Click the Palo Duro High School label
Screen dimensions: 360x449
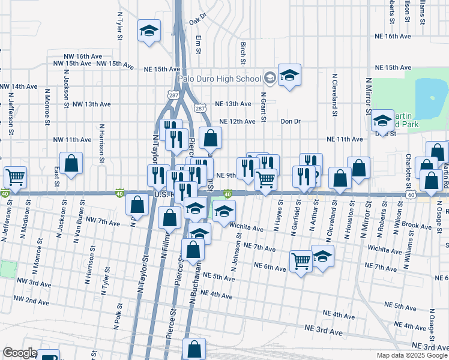(x=219, y=79)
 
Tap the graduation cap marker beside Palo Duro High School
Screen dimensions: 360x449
(x=289, y=76)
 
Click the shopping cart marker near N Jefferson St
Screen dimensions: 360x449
(x=15, y=178)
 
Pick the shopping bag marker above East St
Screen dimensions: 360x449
(x=71, y=163)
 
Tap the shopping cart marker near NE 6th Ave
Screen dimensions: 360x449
(x=301, y=260)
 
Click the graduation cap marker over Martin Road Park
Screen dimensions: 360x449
(x=382, y=121)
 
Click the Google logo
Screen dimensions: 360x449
(x=20, y=353)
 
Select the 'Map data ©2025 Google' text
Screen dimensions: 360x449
(x=412, y=355)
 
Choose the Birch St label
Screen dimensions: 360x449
(x=243, y=53)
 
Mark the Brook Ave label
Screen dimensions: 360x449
(x=418, y=226)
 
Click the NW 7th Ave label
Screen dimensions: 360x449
(x=103, y=222)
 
